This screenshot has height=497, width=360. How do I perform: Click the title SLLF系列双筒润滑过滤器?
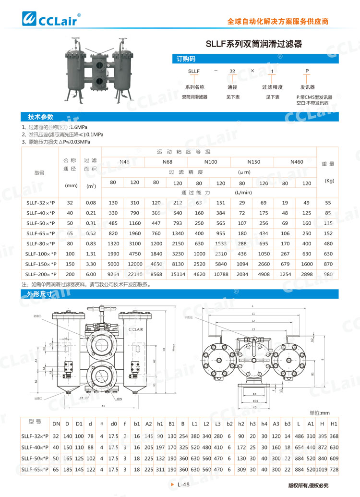254,44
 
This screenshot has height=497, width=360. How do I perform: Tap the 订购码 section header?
186,59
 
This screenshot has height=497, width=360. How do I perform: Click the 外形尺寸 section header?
36,294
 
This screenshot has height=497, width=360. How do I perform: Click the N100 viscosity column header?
211,162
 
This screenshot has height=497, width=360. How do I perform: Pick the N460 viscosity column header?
297,162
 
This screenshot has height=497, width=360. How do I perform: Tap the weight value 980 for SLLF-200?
328,274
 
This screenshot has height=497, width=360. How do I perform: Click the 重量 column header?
329,164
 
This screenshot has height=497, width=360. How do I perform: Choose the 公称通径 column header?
71,164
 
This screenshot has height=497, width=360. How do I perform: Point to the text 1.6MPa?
78,127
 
